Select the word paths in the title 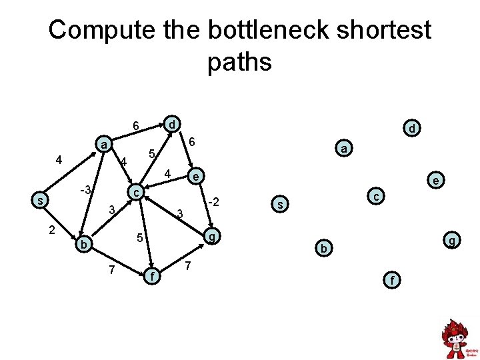(x=239, y=62)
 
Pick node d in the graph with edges (x=172, y=124)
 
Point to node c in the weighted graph (x=136, y=192)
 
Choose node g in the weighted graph (x=212, y=237)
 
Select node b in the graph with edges (x=83, y=245)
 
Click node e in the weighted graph (x=195, y=176)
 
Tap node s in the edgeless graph (x=281, y=203)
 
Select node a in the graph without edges (x=343, y=149)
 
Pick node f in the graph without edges (x=393, y=281)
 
